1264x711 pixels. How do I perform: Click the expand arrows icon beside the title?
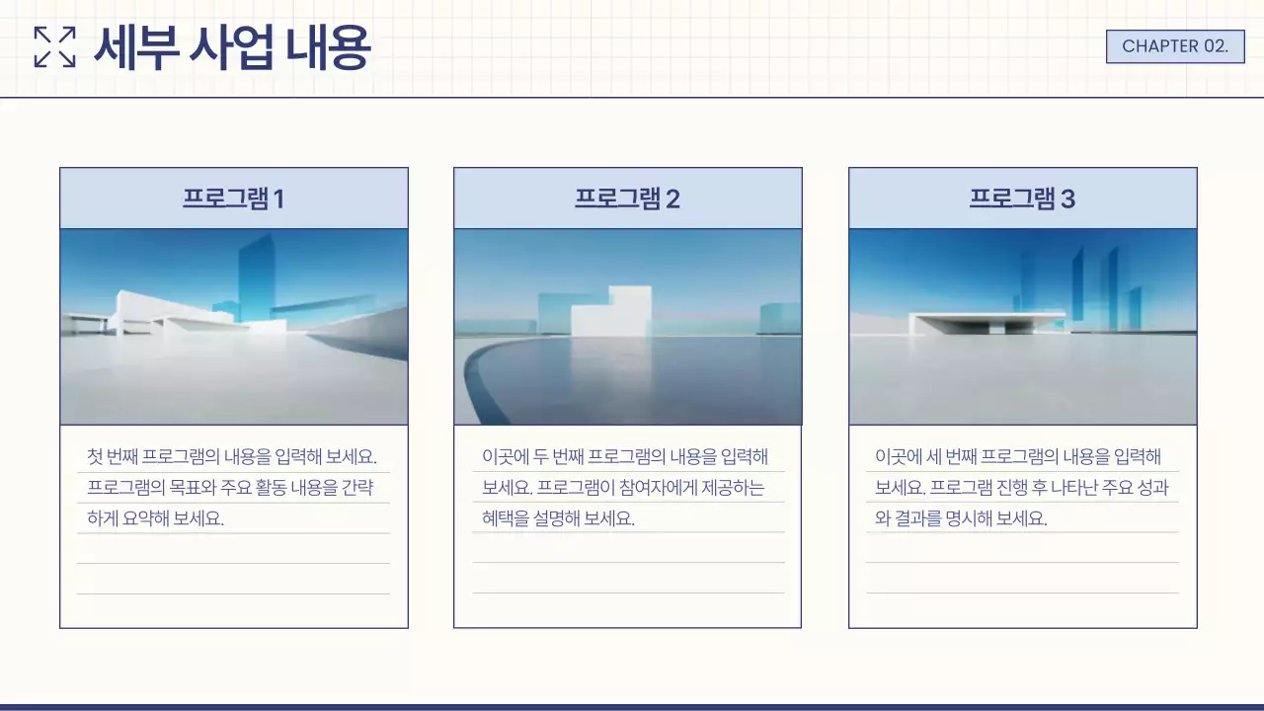54,47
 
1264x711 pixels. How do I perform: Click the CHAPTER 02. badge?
1175,46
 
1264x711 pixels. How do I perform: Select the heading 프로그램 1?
233,198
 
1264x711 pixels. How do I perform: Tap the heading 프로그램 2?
627,198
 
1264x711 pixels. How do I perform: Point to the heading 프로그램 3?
1022,198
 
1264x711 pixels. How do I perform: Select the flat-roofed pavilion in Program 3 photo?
987,321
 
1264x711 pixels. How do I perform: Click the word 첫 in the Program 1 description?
94,457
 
